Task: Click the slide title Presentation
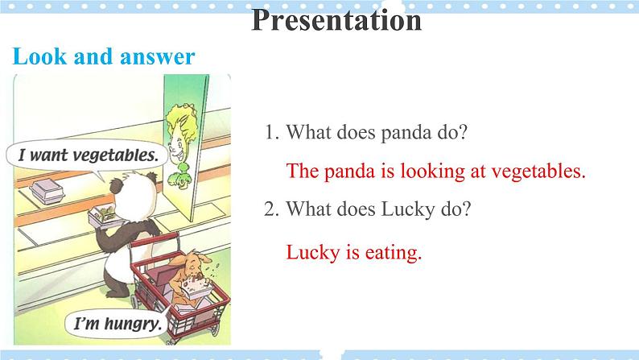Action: click(336, 20)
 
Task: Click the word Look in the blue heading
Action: click(39, 56)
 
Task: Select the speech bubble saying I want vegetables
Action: click(88, 156)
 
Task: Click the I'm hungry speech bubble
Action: click(118, 324)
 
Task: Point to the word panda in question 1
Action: click(406, 133)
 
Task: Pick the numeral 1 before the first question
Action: click(270, 133)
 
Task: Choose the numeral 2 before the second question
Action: click(270, 209)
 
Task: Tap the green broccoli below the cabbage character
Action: click(178, 176)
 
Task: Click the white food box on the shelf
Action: click(47, 192)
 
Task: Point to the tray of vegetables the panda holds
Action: click(103, 216)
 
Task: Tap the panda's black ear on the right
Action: click(151, 178)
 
